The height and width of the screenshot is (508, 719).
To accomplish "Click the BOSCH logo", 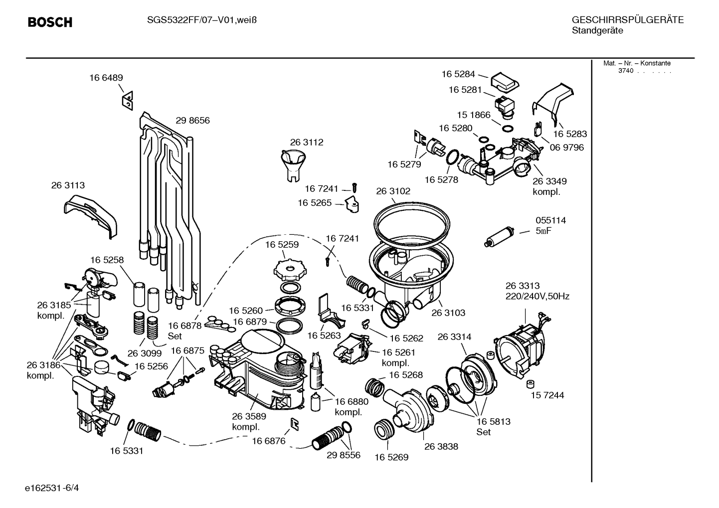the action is coord(50,22).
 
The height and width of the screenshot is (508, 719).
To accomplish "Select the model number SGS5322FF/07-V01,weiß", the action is coord(202,20).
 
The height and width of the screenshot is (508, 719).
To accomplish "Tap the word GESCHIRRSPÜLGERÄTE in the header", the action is coord(628,20).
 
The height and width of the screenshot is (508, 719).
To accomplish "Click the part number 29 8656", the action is coord(192,120).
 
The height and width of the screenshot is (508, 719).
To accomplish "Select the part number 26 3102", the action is coord(393,191).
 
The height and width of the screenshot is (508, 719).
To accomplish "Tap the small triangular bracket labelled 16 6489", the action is coord(128,101).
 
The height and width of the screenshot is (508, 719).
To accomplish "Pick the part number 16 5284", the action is coord(458,74).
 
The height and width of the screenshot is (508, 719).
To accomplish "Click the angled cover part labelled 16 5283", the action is coord(553,103).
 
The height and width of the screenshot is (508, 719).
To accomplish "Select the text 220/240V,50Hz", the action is coord(538,296).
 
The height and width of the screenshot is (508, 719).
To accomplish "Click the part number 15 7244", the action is coord(547,395).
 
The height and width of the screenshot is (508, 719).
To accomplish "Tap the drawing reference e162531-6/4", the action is coord(52,488).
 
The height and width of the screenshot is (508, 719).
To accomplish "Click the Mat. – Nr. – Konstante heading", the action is coord(637,63).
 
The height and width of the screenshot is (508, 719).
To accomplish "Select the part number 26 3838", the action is coord(441,446).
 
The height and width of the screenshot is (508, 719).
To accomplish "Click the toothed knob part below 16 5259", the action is coord(288,270).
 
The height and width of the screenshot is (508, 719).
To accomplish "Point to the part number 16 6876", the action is coord(269,441).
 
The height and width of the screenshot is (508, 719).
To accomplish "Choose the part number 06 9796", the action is coord(567,148).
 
